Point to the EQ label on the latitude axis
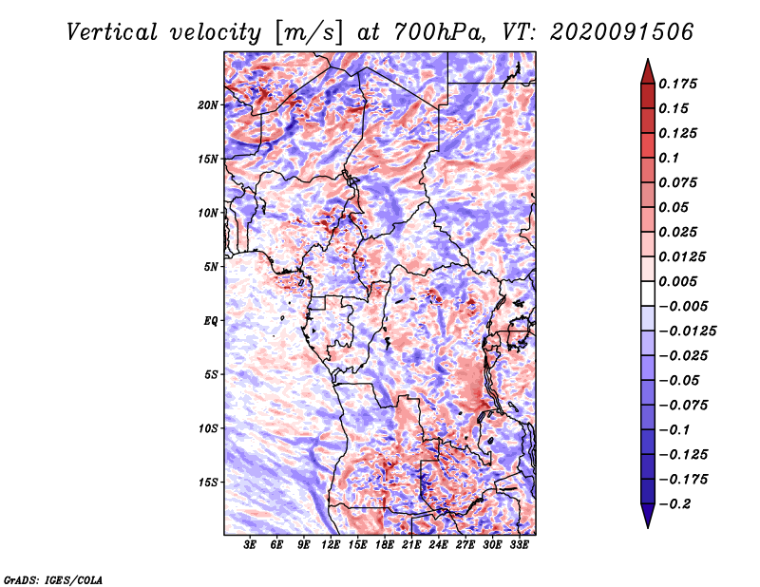[x=211, y=320]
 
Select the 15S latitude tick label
[x=208, y=482]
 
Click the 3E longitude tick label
[x=251, y=546]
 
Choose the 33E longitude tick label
[x=520, y=546]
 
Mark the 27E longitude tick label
[x=465, y=546]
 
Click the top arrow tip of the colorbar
[x=647, y=62]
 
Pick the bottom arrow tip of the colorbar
[x=647, y=525]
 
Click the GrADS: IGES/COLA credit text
[x=53, y=578]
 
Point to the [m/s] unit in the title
[x=306, y=32]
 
